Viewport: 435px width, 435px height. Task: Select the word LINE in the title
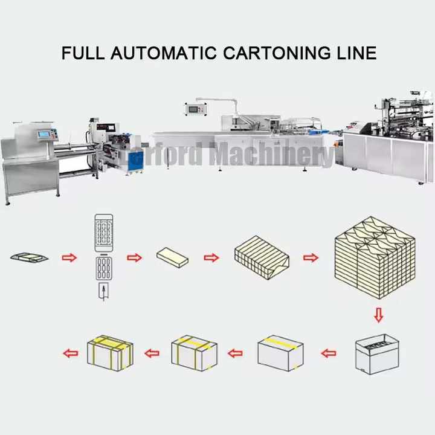(x=353, y=53)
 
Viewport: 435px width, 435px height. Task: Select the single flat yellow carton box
(x=172, y=257)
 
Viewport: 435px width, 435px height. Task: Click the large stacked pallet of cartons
(x=375, y=257)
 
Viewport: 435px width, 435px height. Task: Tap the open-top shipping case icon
(x=376, y=353)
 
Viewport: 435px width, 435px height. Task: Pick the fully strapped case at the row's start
(x=109, y=353)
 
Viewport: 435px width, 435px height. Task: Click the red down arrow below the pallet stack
(x=378, y=315)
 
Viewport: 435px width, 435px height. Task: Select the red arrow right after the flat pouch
(x=69, y=258)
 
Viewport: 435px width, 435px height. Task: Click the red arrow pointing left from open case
(x=329, y=353)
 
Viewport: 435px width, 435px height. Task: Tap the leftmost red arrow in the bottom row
(x=71, y=353)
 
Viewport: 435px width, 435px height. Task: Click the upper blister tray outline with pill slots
(x=104, y=232)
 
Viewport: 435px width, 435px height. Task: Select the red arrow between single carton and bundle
(x=211, y=258)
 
